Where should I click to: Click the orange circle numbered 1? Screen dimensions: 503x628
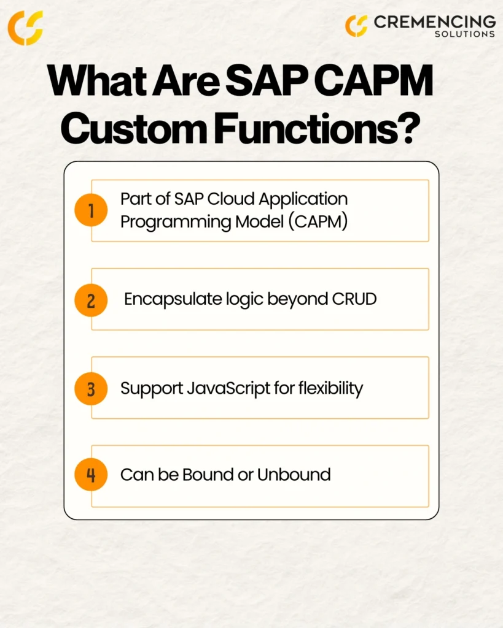pos(91,210)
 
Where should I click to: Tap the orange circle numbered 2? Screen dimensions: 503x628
pos(91,301)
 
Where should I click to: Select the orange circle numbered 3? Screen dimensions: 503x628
pos(91,389)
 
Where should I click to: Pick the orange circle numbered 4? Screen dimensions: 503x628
pos(91,475)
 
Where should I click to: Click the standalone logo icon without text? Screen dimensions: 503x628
pos(25,28)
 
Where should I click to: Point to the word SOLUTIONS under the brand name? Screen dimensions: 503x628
pos(465,34)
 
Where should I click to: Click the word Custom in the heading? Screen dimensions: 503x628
pos(133,128)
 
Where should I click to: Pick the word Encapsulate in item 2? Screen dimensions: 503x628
pos(173,299)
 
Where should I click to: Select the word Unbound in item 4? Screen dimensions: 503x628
pos(294,475)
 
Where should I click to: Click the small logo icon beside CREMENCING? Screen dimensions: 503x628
pos(356,26)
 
